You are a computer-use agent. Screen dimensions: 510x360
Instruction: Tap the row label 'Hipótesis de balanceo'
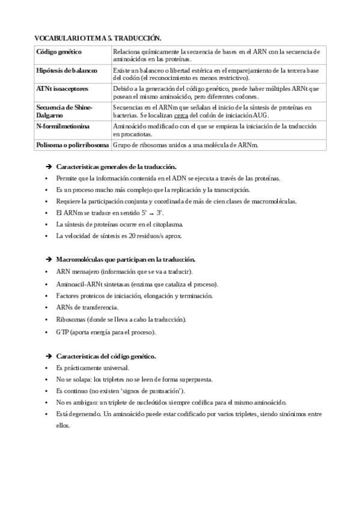tap(67, 70)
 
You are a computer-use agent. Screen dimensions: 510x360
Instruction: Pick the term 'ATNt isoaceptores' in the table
tap(63, 88)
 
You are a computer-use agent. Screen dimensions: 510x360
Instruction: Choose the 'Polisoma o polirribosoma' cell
tap(73, 145)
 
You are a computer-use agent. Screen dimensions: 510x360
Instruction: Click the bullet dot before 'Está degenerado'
tap(47, 414)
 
